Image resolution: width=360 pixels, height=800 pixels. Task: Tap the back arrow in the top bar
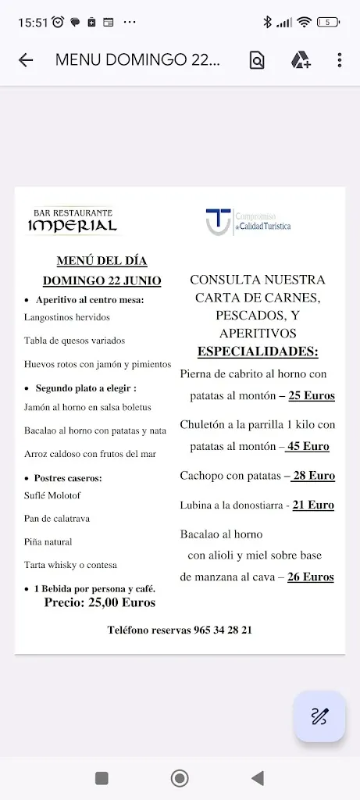point(26,60)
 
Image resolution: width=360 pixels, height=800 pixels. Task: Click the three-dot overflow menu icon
point(339,60)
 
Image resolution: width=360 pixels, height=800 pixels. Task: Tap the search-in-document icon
point(257,60)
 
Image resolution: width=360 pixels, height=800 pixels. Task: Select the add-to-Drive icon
point(301,60)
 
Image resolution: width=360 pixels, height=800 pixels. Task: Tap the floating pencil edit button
point(319,716)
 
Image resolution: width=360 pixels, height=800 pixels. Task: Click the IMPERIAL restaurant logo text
point(73,226)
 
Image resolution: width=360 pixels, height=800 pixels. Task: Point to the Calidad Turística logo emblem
point(218,220)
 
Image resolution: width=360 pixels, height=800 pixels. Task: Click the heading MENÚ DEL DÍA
point(102,261)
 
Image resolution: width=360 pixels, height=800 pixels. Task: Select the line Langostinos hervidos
point(67,317)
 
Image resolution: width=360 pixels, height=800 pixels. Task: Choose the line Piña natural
point(48,541)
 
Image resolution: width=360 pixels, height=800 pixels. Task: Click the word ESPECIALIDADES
point(258,351)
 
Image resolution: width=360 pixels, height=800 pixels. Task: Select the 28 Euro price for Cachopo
point(313,475)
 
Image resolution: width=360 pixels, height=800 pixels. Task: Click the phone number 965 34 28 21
point(223,630)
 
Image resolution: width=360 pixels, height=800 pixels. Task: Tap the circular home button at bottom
point(180,778)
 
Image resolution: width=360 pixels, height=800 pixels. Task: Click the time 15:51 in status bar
point(33,23)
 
